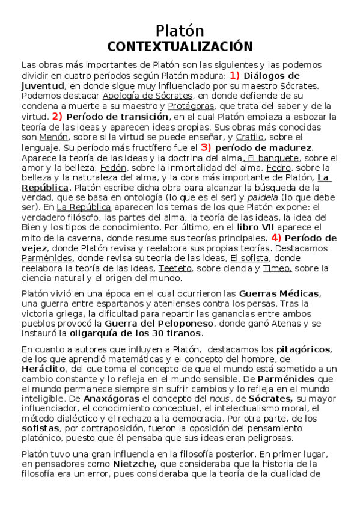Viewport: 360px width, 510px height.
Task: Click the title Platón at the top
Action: pyautogui.click(x=180, y=31)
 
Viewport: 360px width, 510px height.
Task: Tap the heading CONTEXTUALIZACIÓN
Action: pyautogui.click(x=180, y=46)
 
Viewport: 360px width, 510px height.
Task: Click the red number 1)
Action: pyautogui.click(x=234, y=76)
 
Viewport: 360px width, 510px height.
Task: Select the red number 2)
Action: pyautogui.click(x=57, y=117)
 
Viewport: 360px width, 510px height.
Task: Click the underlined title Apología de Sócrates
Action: pyautogui.click(x=148, y=96)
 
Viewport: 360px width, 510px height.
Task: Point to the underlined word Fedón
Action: pyautogui.click(x=113, y=168)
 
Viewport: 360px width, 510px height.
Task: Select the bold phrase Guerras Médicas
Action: pyautogui.click(x=279, y=293)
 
